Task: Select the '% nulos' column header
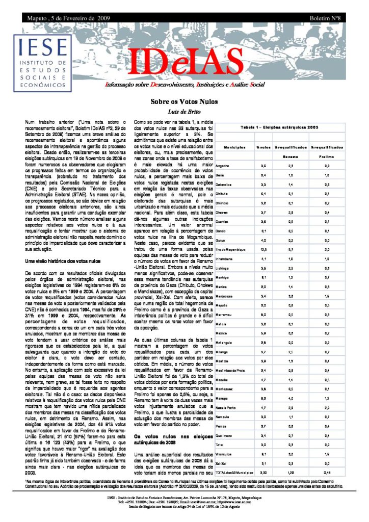[x=262, y=147]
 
